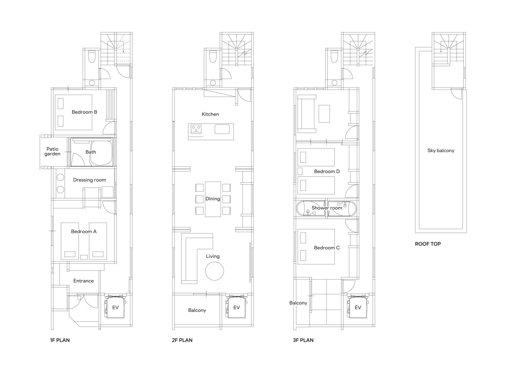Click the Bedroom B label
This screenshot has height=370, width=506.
pyautogui.click(x=84, y=112)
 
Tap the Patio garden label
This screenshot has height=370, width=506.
pyautogui.click(x=53, y=151)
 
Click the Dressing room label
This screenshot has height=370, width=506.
pyautogui.click(x=90, y=180)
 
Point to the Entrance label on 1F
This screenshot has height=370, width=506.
pyautogui.click(x=83, y=281)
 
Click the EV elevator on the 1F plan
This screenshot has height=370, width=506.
pyautogui.click(x=115, y=307)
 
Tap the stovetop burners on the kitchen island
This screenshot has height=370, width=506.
pyautogui.click(x=196, y=129)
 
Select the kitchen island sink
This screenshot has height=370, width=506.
pyautogui.click(x=222, y=129)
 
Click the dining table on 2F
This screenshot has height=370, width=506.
pyautogui.click(x=213, y=199)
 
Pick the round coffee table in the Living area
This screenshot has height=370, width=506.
pyautogui.click(x=215, y=271)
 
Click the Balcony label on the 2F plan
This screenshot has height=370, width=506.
pyautogui.click(x=197, y=310)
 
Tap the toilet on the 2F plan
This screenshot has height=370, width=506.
pyautogui.click(x=213, y=56)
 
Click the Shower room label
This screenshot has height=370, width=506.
pyautogui.click(x=327, y=208)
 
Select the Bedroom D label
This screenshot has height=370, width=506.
pyautogui.click(x=327, y=171)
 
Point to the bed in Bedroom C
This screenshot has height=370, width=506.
pyautogui.click(x=316, y=247)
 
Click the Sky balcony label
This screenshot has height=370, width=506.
pyautogui.click(x=441, y=151)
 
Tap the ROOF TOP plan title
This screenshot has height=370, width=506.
pyautogui.click(x=428, y=244)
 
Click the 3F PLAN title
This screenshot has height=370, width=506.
pyautogui.click(x=303, y=340)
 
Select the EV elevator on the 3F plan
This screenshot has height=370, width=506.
pyautogui.click(x=358, y=307)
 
